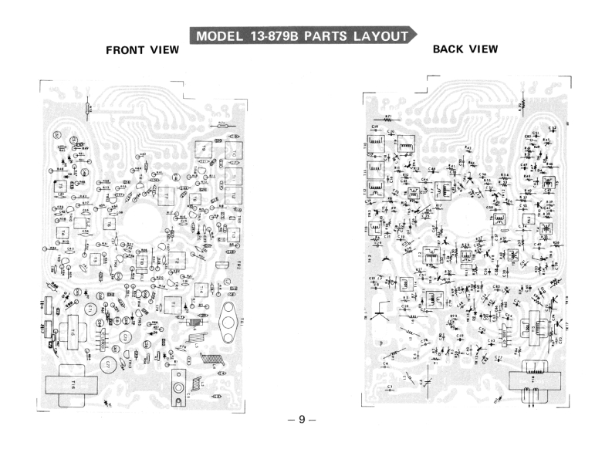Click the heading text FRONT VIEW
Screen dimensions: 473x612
click(x=142, y=51)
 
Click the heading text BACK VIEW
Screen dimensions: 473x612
click(x=465, y=49)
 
